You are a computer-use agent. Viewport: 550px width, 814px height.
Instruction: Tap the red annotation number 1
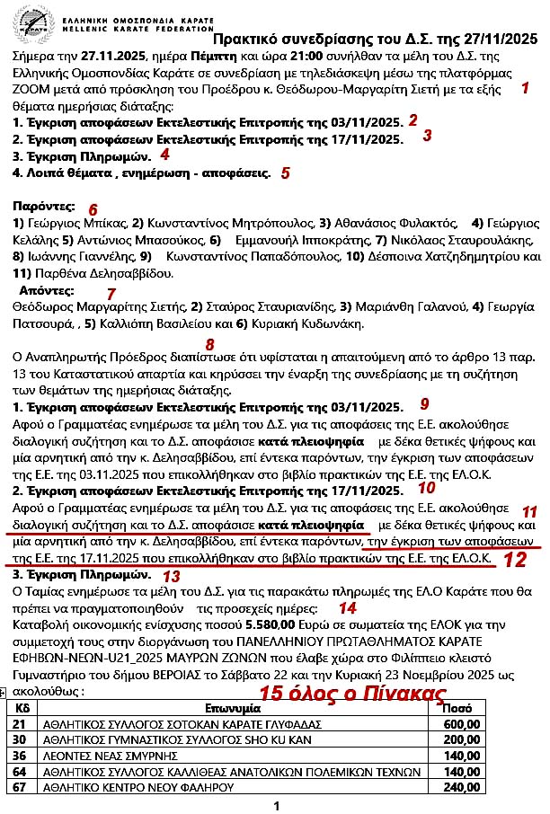[x=525, y=87]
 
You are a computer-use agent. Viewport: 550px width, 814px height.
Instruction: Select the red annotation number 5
[x=285, y=173]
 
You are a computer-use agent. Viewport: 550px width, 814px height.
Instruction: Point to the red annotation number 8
[x=209, y=344]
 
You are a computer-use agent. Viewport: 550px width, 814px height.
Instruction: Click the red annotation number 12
[x=514, y=560]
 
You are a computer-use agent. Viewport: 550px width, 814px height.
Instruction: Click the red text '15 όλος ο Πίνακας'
[x=352, y=693]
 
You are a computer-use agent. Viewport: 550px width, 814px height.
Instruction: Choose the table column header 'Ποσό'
[x=459, y=708]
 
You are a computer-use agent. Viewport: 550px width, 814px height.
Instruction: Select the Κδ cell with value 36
[x=19, y=756]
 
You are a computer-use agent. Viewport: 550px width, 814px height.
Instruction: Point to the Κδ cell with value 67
[x=19, y=787]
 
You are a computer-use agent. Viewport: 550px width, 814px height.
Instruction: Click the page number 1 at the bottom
[x=277, y=806]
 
